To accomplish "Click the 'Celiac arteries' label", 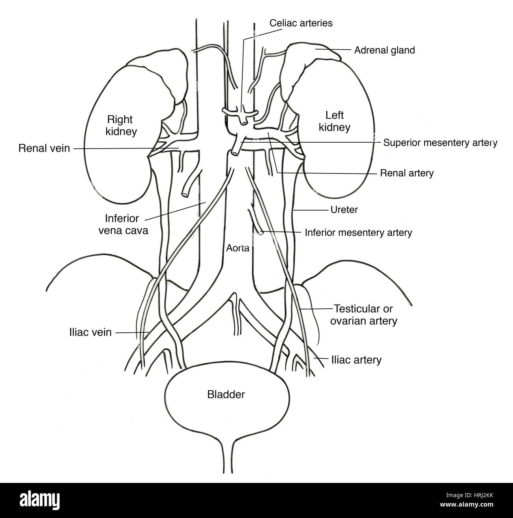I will point(301,23).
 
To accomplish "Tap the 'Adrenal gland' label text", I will point(384,50).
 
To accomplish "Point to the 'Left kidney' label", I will point(334,121).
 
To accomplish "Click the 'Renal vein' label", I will point(44,148).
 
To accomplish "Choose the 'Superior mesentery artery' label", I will point(440,142).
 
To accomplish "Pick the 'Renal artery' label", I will point(406,173).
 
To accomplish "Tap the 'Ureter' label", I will point(344,209).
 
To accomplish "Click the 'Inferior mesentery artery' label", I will point(358,232).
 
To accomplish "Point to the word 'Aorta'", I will point(238,248).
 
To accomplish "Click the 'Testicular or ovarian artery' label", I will point(365,315).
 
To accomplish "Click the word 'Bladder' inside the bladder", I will point(226,394).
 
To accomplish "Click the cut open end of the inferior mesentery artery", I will point(260,233).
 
